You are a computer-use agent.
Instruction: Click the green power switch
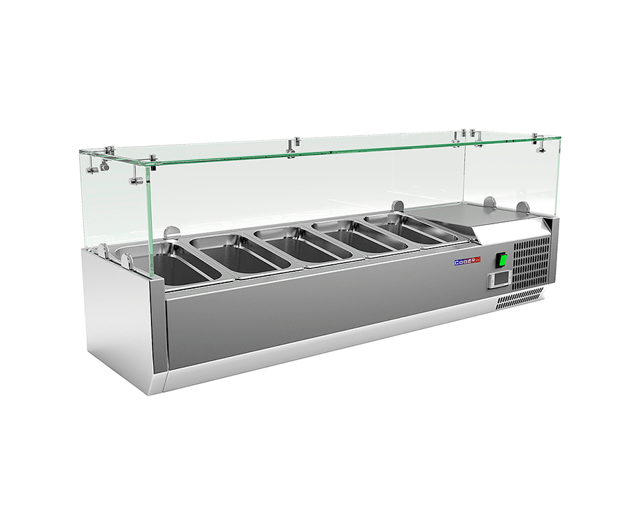pyautogui.click(x=502, y=260)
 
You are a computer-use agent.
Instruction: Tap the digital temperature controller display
pyautogui.click(x=497, y=279)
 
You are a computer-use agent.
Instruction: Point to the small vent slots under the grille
pyautogui.click(x=519, y=298)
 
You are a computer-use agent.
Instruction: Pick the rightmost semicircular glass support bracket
pyautogui.click(x=522, y=208)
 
